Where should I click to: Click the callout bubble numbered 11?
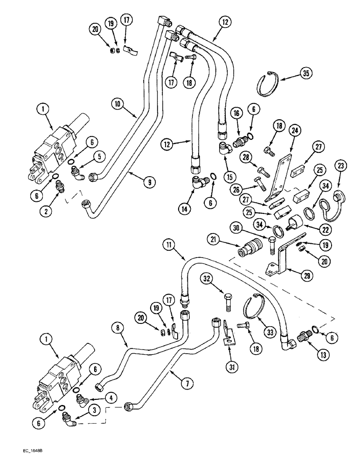pos(170,244)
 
